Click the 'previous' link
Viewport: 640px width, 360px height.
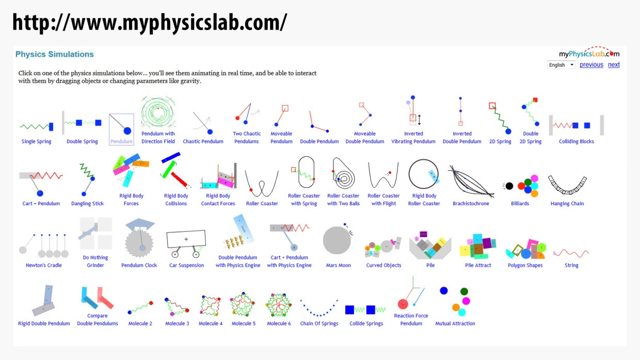[x=591, y=65]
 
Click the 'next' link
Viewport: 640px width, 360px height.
[x=614, y=65]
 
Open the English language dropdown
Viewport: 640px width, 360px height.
[x=561, y=65]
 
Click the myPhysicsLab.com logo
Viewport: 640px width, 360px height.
[x=589, y=53]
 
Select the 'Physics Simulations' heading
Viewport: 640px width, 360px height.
[x=55, y=54]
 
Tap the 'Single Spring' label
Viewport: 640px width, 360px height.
[x=37, y=141]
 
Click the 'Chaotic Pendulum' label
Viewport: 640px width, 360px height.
[x=203, y=141]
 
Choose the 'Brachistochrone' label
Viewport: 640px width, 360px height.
[x=471, y=204]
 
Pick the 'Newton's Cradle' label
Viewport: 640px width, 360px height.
[x=44, y=266]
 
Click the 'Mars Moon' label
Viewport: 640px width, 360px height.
[x=339, y=266]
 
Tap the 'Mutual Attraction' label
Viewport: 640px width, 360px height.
[x=455, y=324]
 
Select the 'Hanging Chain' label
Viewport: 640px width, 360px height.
[x=567, y=204]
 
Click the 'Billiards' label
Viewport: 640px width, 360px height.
[x=520, y=204]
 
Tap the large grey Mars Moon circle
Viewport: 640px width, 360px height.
[x=337, y=240]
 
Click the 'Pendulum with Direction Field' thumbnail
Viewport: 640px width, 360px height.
[x=158, y=112]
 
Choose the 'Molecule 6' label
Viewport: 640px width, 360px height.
[x=279, y=324]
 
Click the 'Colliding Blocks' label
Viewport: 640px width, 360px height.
[x=576, y=141]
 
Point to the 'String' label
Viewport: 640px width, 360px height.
[x=571, y=266]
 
